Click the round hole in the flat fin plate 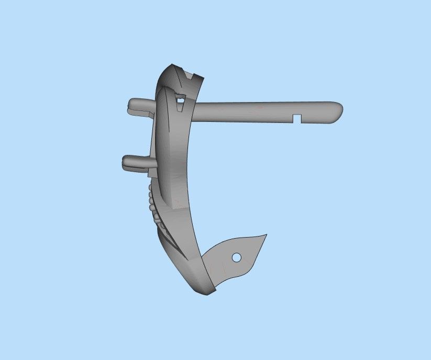coord(236,257)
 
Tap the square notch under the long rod coord(297,117)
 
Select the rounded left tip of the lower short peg coord(125,161)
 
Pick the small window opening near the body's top coord(180,97)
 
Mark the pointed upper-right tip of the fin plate coord(266,235)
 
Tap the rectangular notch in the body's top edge coord(190,74)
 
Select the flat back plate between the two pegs coord(153,136)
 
